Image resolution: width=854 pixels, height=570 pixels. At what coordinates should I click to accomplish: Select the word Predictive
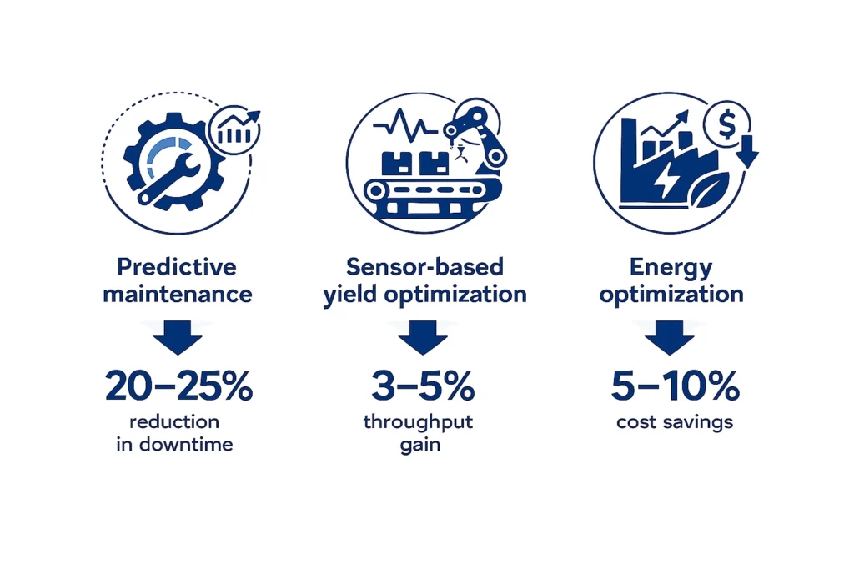coord(177,267)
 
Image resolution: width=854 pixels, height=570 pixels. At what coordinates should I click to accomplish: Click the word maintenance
coord(177,295)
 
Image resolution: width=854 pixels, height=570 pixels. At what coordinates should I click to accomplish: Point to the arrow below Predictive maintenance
coord(178,338)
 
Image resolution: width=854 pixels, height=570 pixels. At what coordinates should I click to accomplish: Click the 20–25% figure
coord(178,387)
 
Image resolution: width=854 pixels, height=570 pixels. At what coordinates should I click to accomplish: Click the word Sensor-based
coord(425,267)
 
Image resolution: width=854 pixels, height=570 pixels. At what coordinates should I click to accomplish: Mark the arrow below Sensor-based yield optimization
coord(425,338)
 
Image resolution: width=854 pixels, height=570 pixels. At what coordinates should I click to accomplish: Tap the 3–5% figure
coord(425,387)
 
